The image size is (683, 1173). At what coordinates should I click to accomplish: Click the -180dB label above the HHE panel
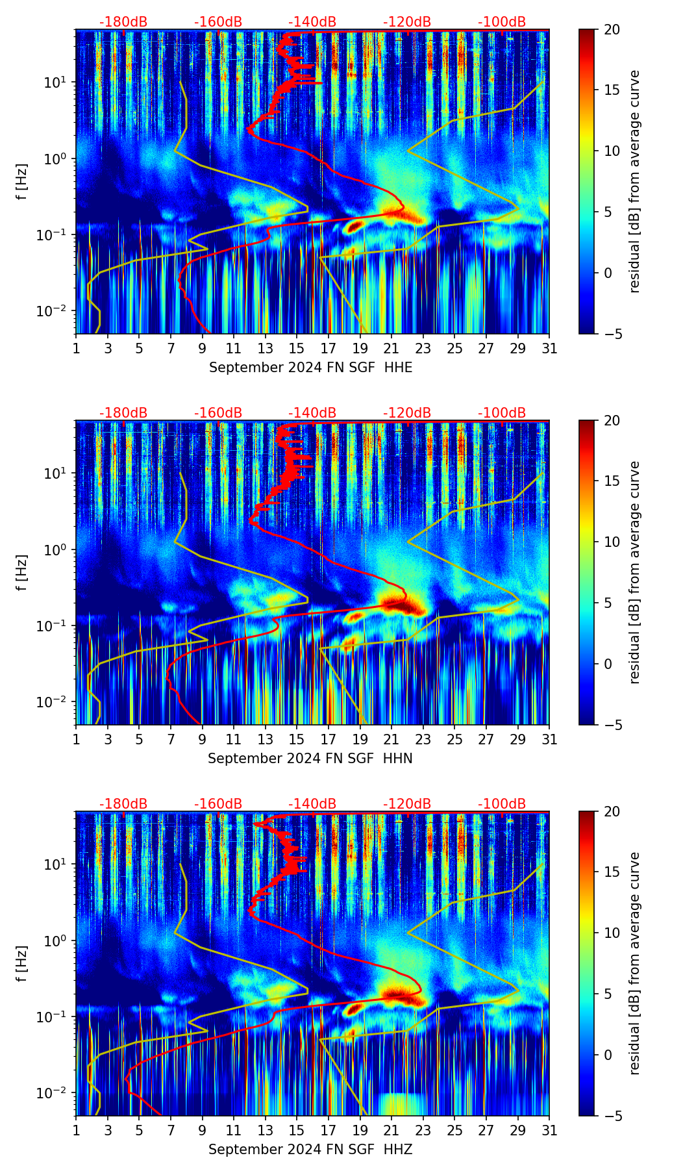click(123, 22)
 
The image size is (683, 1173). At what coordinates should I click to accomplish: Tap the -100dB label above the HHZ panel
click(502, 804)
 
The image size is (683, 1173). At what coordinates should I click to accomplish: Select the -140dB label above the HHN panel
click(312, 413)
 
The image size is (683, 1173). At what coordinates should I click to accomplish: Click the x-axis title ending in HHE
click(310, 368)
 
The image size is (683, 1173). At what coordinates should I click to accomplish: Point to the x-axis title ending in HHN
click(310, 759)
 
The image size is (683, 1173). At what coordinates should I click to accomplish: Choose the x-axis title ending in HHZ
click(310, 1150)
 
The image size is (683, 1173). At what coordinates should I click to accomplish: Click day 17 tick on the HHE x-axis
click(329, 349)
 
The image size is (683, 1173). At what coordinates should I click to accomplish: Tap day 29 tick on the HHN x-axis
click(518, 740)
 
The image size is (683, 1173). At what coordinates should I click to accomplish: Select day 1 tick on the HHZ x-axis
click(76, 1131)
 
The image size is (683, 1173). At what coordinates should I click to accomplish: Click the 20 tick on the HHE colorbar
click(612, 29)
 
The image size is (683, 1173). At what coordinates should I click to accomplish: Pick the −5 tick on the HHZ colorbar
click(612, 1116)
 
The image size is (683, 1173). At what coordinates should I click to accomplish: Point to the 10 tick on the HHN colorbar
click(612, 542)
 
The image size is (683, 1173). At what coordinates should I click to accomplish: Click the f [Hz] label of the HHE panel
click(23, 182)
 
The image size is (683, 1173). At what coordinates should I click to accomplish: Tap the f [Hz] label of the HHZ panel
click(23, 964)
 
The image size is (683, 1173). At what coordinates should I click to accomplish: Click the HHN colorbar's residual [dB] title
click(635, 572)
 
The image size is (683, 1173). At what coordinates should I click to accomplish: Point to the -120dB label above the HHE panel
click(407, 22)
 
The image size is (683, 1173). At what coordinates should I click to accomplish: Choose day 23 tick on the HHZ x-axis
click(423, 1131)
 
